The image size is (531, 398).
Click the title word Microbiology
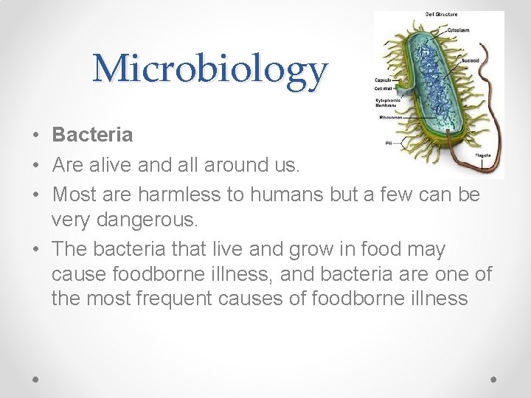(209, 70)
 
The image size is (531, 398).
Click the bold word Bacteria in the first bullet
(92, 135)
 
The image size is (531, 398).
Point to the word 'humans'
(282, 195)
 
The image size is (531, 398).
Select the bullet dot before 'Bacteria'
(37, 136)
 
